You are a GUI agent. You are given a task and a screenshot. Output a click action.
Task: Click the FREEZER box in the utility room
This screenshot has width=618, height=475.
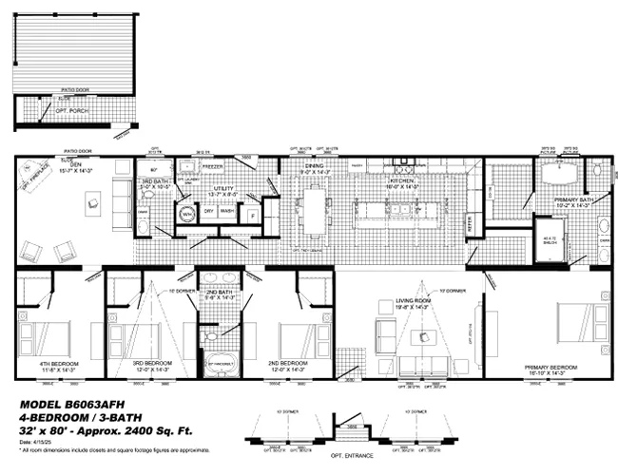click(x=212, y=166)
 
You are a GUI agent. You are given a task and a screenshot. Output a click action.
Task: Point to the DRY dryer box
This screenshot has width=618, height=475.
click(x=208, y=212)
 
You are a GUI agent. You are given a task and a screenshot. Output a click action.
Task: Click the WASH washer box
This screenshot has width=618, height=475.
click(x=228, y=212)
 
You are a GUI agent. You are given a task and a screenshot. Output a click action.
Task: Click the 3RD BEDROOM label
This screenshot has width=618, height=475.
click(x=151, y=363)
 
